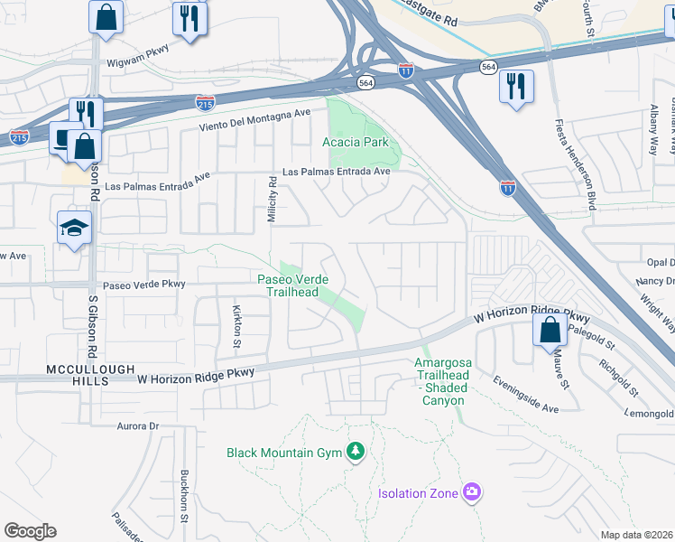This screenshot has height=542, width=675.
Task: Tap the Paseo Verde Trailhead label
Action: (294, 285)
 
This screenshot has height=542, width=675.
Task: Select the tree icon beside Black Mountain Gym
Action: (356, 452)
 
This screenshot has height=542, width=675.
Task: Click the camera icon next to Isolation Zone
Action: (471, 492)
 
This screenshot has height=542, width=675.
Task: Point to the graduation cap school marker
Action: (74, 229)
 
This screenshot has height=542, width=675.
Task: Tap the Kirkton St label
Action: (237, 324)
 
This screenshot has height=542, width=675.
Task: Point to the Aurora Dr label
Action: (137, 425)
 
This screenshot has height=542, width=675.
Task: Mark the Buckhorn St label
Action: (183, 496)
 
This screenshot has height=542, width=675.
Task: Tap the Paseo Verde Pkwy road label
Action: (143, 285)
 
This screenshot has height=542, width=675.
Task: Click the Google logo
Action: (30, 531)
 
